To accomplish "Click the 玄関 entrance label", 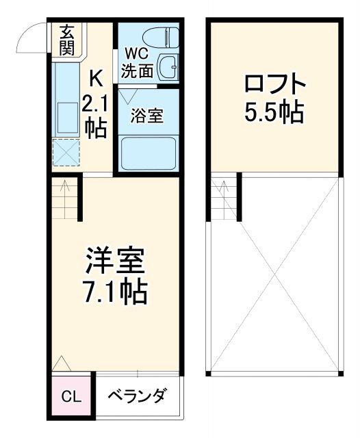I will [66, 40].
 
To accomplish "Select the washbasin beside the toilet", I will [168, 67].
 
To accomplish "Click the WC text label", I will [134, 53].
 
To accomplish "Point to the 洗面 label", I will [134, 69].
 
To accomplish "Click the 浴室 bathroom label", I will [147, 116].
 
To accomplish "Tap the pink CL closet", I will [70, 396].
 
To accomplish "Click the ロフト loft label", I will [274, 86].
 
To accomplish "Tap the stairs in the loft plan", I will [224, 198].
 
